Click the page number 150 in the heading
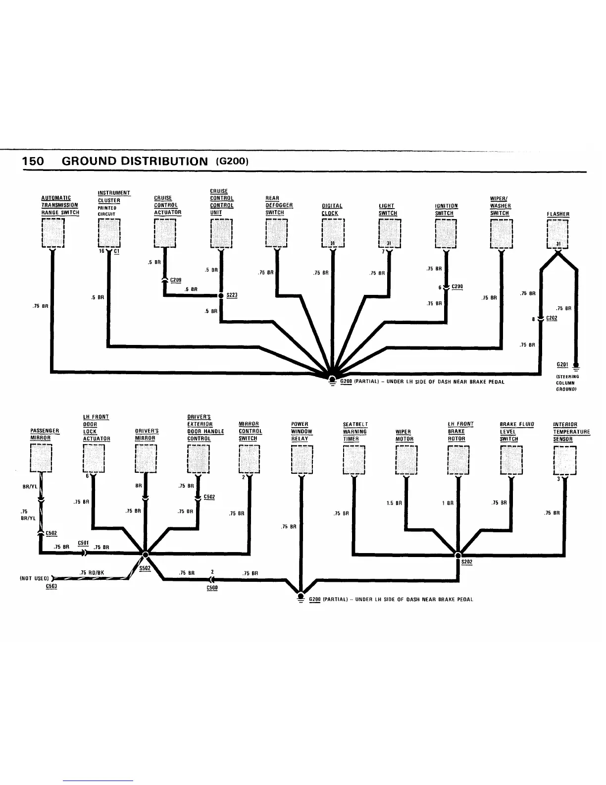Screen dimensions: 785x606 (x=33, y=161)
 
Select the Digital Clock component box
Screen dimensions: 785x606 (x=333, y=232)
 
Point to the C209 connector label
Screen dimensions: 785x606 (x=176, y=280)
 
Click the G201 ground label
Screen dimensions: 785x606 (x=562, y=365)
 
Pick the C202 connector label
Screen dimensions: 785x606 (x=552, y=318)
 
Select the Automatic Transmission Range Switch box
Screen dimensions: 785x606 (x=53, y=232)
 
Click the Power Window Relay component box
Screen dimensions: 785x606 (x=302, y=459)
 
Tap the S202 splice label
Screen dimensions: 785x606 (x=466, y=562)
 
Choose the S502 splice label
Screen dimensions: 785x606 (x=145, y=568)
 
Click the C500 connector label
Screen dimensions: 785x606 (x=212, y=588)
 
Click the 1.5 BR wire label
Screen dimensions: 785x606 (x=394, y=503)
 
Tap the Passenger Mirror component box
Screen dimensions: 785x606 (x=41, y=459)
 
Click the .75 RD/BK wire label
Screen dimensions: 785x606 (x=91, y=573)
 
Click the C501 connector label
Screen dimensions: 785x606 (x=83, y=542)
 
